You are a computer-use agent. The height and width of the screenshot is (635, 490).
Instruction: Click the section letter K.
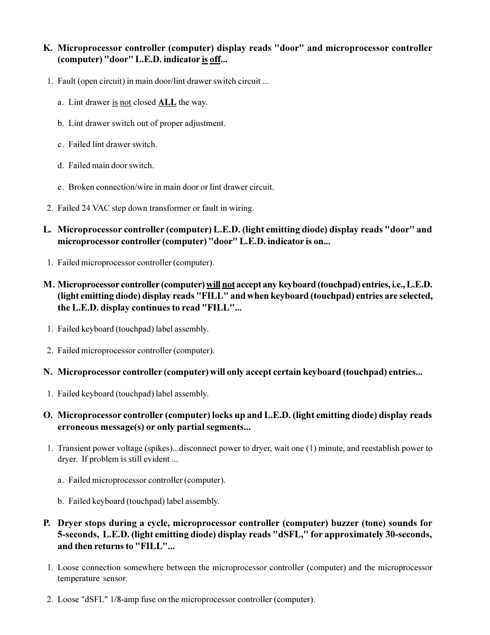click(47, 48)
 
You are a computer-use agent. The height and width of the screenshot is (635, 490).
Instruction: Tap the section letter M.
click(48, 284)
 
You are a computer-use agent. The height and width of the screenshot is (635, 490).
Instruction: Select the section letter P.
click(47, 523)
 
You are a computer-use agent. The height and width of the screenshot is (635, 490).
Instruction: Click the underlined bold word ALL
click(167, 102)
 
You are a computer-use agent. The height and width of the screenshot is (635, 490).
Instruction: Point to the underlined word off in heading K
click(215, 60)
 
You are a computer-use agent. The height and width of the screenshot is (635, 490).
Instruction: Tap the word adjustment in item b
click(204, 123)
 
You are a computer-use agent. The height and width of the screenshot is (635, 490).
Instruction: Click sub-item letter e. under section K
click(61, 187)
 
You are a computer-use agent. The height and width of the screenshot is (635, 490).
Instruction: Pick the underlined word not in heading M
click(228, 284)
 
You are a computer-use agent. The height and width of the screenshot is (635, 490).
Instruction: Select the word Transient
click(74, 448)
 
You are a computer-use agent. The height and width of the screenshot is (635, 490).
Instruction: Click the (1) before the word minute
click(312, 448)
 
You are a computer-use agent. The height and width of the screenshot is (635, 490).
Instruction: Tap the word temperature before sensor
click(79, 578)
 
